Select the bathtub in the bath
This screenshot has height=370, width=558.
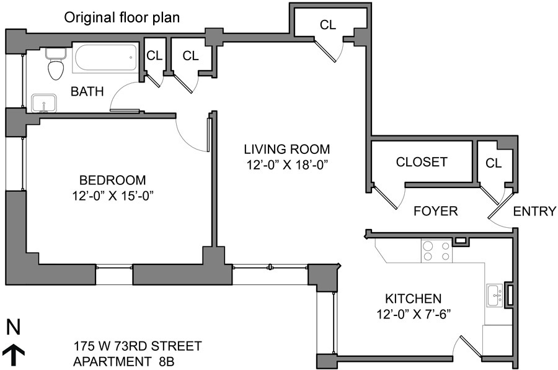click(x=105, y=58)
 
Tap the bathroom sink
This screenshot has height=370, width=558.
click(x=44, y=104)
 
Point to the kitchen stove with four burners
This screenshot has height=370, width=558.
click(x=436, y=251)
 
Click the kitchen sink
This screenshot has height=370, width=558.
click(x=495, y=296)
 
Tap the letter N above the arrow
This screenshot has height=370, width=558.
click(x=14, y=327)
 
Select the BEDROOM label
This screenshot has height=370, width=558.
click(x=112, y=180)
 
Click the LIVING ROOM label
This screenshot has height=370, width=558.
click(x=287, y=149)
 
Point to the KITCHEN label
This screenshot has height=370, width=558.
click(x=414, y=299)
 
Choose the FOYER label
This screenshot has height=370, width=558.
click(x=436, y=211)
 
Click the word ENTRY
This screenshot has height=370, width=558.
click(x=534, y=211)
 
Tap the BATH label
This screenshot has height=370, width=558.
click(x=87, y=92)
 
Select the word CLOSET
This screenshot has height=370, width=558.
click(x=422, y=162)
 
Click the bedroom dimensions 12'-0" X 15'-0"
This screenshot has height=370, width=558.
click(x=112, y=196)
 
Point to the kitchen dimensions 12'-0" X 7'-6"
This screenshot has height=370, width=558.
click(x=414, y=314)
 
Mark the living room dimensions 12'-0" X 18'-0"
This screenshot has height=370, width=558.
click(x=287, y=165)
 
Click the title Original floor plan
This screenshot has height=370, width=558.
click(x=122, y=17)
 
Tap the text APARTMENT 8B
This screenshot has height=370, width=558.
click(x=123, y=361)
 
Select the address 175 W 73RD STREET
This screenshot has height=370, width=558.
click(x=138, y=346)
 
